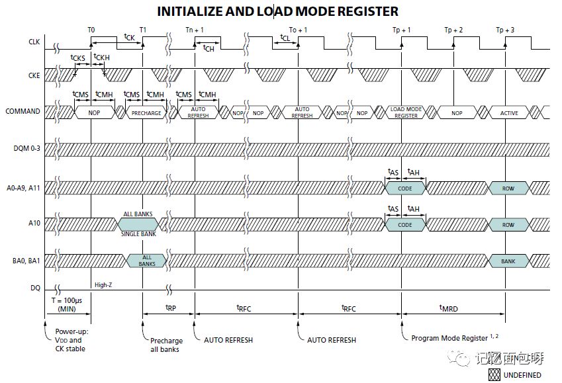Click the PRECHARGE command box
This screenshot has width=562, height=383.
[146, 112]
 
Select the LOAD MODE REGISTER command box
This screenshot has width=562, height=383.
[406, 112]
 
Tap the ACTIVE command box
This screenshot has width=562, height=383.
[509, 112]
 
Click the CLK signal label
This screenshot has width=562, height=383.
[34, 42]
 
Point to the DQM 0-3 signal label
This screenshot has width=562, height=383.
[27, 148]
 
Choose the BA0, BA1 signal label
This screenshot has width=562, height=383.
[26, 261]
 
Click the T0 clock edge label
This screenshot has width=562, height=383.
[91, 30]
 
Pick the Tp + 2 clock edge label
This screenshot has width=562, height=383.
[453, 30]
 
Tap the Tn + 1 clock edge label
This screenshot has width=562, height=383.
[195, 30]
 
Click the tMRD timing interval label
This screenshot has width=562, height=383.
[448, 308]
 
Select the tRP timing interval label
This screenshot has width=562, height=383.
[171, 308]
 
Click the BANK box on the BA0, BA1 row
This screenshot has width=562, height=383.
[508, 261]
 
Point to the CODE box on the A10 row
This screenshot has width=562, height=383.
[405, 225]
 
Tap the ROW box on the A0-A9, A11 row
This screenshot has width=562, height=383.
[508, 188]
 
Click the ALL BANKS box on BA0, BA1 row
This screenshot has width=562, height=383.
[146, 261]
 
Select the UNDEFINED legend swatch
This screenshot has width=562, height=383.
[494, 375]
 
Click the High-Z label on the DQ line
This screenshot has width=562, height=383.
[103, 285]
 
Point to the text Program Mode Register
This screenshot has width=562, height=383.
[449, 338]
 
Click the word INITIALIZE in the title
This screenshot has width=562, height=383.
[190, 11]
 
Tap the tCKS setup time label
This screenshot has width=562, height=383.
[77, 58]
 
